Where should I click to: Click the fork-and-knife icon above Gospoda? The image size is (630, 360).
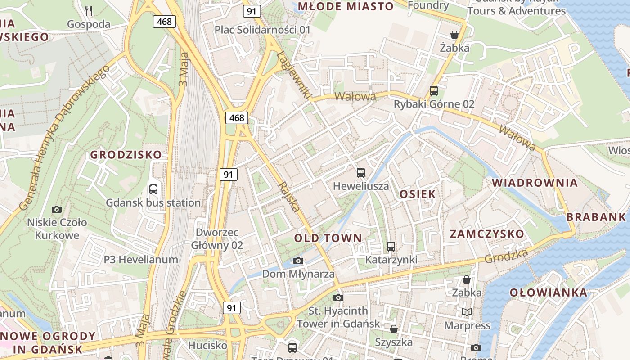[89, 10]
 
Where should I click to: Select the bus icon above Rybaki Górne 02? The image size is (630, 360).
[433, 90]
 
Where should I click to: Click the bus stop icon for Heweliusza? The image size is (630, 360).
[360, 172]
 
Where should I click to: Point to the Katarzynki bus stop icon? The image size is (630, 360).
[391, 246]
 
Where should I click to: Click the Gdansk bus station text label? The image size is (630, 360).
[153, 202]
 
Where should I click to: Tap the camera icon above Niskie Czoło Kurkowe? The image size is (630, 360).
[57, 209]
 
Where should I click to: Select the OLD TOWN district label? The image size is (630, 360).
[328, 238]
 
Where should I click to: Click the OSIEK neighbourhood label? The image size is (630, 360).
[418, 194]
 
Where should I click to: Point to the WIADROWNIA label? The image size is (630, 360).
[535, 183]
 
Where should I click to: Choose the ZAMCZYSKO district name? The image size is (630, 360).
[487, 234]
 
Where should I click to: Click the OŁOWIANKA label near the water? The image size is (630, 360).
[548, 292]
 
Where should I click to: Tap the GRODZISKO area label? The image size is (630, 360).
[126, 155]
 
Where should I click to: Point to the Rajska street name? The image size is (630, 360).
[289, 197]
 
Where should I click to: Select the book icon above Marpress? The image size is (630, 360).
[467, 312]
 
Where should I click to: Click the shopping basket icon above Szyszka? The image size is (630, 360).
[394, 329]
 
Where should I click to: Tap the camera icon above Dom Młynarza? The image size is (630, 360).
[298, 261]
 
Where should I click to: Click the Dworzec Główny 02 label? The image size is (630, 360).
[217, 239]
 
